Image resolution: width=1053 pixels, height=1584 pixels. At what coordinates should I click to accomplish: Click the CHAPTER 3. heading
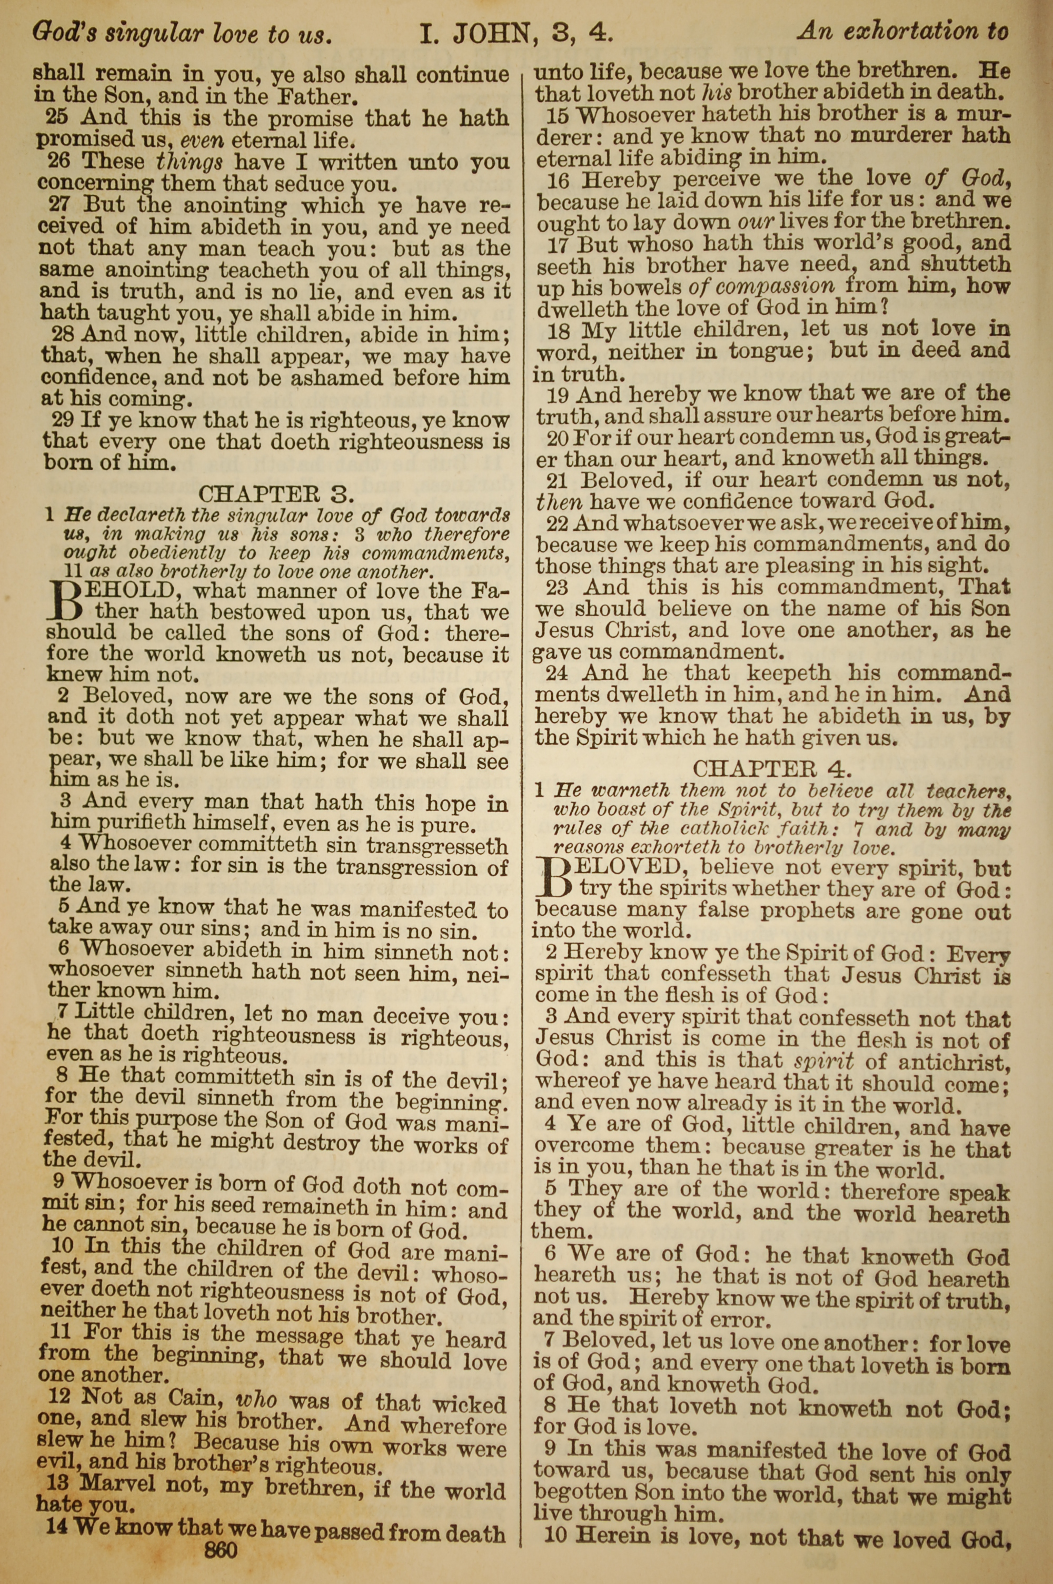pos(275,493)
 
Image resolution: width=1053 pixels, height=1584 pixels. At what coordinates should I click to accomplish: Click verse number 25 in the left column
pos(56,118)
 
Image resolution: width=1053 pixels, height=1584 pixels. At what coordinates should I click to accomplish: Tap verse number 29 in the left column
pos(63,420)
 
